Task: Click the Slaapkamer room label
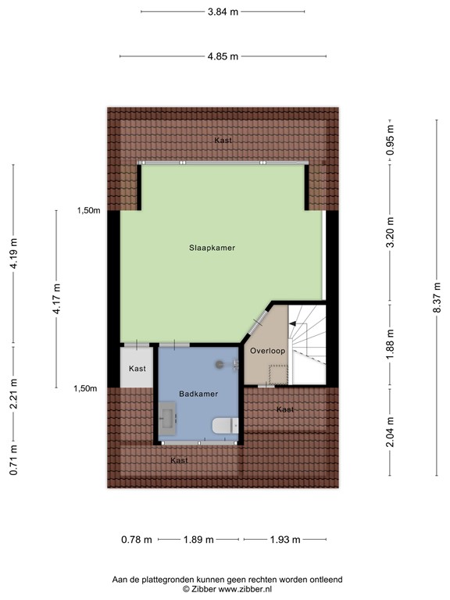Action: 212,248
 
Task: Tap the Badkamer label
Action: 198,395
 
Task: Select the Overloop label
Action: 267,352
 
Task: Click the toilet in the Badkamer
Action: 223,426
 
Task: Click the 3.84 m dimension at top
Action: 223,12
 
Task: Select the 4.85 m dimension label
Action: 223,56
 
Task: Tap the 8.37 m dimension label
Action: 436,298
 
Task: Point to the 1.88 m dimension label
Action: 391,348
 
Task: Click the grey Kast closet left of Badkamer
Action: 137,368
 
